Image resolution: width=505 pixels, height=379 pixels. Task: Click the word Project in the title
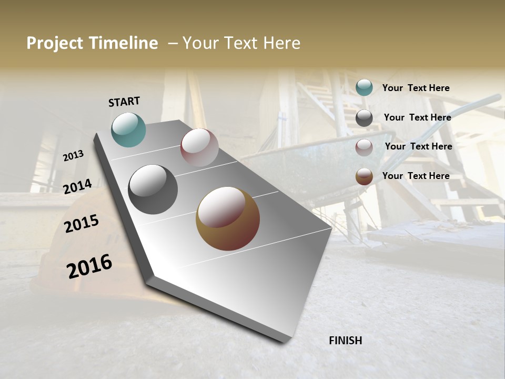point(55,43)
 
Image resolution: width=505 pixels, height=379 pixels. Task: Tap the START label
point(124,102)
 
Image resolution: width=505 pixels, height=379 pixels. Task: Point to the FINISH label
point(346,341)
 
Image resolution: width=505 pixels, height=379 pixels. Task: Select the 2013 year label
point(74,155)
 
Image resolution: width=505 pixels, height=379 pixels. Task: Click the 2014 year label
point(78,187)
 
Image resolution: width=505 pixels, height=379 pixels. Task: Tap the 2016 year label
point(89,266)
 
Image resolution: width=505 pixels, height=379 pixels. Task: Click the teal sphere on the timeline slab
point(129,129)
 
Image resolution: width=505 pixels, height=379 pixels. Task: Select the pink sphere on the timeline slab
point(199,147)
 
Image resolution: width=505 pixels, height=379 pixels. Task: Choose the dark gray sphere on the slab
point(153,189)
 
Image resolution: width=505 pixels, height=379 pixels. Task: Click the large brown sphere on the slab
point(228,218)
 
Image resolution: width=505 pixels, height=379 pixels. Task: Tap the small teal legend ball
point(364,87)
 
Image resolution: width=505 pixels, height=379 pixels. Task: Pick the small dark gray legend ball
point(364,118)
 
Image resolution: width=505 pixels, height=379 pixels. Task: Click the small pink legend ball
point(364,147)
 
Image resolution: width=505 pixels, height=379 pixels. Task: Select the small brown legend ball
point(364,176)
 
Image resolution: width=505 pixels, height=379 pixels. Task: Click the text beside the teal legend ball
point(416,88)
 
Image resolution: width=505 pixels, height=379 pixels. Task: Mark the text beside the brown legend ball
point(416,176)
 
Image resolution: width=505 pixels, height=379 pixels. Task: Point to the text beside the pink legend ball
point(418,146)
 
